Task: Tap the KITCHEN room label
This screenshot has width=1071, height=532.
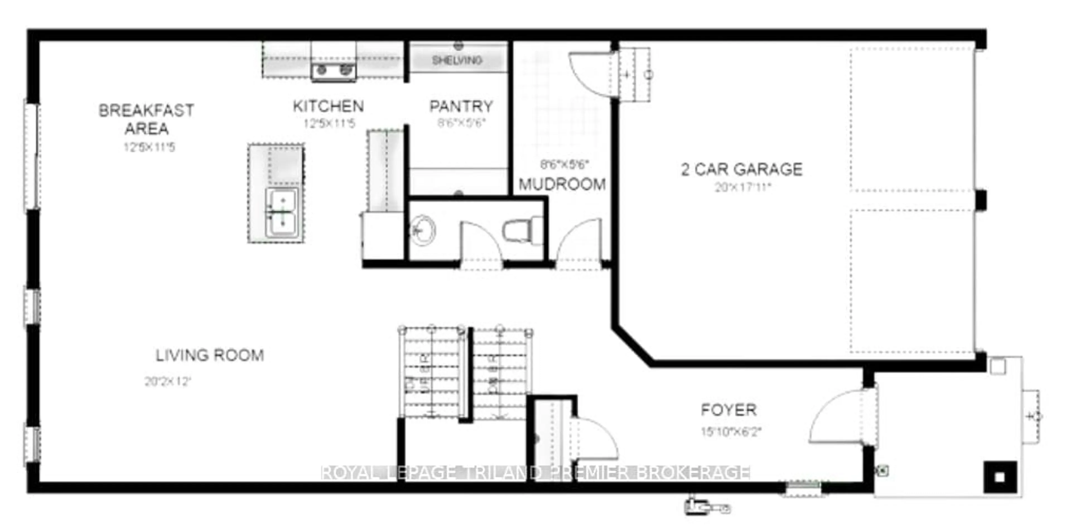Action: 328,106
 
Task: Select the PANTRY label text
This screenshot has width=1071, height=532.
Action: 461,107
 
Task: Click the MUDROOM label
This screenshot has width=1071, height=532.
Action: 562,184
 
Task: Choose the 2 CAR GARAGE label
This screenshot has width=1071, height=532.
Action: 741,169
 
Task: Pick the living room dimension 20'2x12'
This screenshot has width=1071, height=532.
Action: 168,381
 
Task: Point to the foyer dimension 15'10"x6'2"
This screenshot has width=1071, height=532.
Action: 730,432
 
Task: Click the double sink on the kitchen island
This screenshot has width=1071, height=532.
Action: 282,213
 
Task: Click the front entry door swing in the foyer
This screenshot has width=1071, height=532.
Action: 836,417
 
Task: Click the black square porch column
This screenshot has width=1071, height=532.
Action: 1000,477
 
